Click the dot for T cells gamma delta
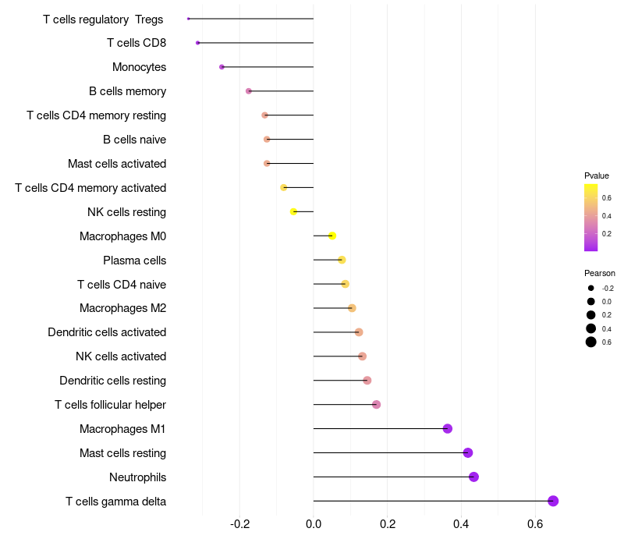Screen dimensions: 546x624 (553, 501)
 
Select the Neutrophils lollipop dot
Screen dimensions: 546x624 (473, 477)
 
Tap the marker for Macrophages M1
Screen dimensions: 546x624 (448, 428)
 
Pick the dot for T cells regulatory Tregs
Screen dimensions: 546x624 (189, 19)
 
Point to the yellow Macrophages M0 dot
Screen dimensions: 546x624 (332, 236)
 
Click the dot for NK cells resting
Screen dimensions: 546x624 (293, 211)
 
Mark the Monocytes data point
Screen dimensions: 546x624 (222, 67)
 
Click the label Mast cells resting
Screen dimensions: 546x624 (122, 453)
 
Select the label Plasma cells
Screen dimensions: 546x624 (134, 260)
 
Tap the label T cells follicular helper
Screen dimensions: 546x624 (110, 405)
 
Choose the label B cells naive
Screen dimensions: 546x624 (134, 140)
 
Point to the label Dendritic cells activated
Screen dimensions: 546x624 (107, 332)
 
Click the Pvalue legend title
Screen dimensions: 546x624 (597, 175)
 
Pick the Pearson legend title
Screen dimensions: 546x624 (599, 273)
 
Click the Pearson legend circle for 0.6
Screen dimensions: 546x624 (591, 342)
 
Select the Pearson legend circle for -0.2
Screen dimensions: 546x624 (591, 288)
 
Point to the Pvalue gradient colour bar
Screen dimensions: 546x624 (591, 217)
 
